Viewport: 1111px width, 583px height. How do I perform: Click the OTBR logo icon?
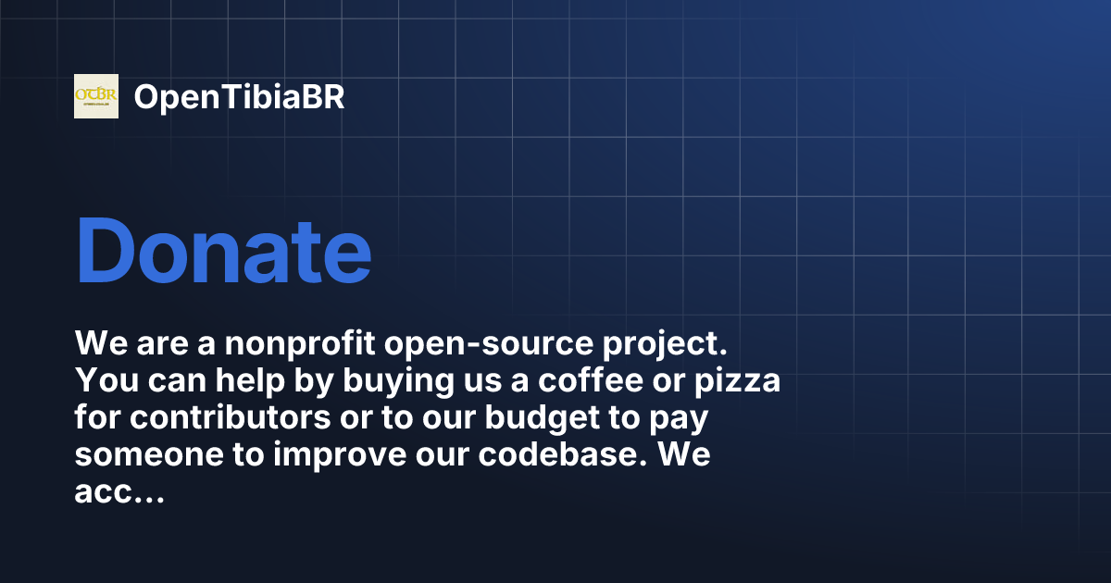click(96, 96)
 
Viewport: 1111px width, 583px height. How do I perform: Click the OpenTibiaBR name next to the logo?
click(239, 97)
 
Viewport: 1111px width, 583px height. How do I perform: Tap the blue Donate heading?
click(224, 251)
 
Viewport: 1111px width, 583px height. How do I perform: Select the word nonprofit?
click(300, 342)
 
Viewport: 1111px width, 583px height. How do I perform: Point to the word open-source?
click(489, 343)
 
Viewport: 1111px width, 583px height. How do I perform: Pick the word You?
click(106, 380)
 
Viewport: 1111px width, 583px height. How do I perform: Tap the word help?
click(250, 380)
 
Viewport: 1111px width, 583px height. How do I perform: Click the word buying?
click(398, 380)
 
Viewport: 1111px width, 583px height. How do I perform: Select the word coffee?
click(591, 380)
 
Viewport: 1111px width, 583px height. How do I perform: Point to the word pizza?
click(737, 381)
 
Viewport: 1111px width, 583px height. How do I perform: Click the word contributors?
click(231, 417)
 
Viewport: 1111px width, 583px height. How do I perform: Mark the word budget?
click(543, 418)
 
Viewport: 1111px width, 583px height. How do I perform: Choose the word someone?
click(149, 455)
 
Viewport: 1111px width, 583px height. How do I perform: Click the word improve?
click(340, 455)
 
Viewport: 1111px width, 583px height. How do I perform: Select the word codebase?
click(559, 454)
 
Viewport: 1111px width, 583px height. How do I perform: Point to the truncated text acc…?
click(119, 492)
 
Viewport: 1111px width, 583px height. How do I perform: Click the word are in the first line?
click(162, 344)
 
